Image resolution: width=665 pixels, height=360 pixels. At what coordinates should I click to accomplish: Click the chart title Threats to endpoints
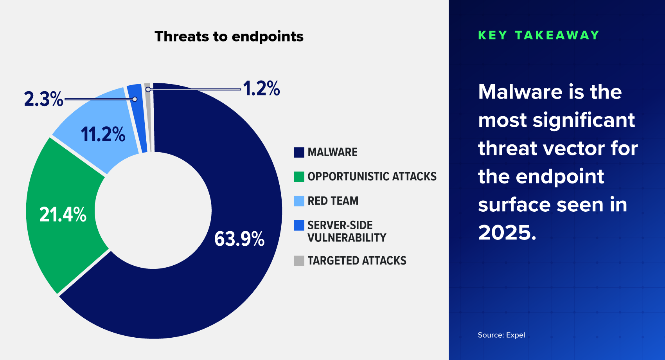pyautogui.click(x=229, y=36)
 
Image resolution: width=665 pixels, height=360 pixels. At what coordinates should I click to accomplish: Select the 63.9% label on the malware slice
pyautogui.click(x=239, y=239)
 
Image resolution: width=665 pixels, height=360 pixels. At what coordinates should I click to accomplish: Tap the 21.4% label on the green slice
pyautogui.click(x=63, y=215)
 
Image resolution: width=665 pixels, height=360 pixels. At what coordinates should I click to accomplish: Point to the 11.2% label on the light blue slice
pyautogui.click(x=103, y=134)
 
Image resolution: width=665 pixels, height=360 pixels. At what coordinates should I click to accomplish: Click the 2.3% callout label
pyautogui.click(x=43, y=99)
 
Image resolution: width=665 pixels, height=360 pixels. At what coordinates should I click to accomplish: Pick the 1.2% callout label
pyautogui.click(x=261, y=88)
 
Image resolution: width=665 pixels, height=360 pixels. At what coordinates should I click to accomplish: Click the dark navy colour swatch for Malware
pyautogui.click(x=299, y=152)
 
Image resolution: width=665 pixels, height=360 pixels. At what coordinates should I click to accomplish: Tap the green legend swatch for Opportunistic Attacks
pyautogui.click(x=299, y=176)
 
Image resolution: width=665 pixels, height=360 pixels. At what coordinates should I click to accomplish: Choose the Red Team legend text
pyautogui.click(x=333, y=201)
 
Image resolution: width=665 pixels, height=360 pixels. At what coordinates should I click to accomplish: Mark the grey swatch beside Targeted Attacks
pyautogui.click(x=299, y=261)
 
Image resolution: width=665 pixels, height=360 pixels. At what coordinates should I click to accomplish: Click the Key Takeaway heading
pyautogui.click(x=539, y=35)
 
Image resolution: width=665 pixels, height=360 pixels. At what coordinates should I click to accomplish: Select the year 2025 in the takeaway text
pyautogui.click(x=504, y=233)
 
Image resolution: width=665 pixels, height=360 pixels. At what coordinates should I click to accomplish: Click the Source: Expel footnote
pyautogui.click(x=501, y=335)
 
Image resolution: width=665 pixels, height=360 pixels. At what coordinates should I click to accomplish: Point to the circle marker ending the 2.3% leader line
pyautogui.click(x=135, y=99)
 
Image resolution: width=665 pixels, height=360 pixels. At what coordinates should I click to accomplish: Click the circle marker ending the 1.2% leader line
pyautogui.click(x=148, y=90)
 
